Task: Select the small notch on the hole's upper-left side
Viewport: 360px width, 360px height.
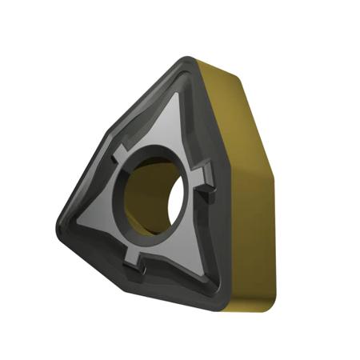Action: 120,152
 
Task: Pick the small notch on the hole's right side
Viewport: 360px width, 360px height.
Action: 206,173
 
